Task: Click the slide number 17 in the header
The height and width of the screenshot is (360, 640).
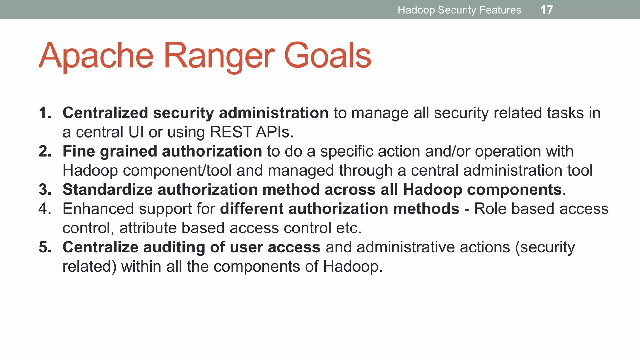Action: tap(547, 10)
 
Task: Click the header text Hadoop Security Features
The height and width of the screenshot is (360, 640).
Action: tap(459, 10)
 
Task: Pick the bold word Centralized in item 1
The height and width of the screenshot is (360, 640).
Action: tap(105, 113)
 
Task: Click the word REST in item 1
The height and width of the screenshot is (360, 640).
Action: tap(231, 132)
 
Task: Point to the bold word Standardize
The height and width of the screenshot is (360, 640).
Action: tap(107, 190)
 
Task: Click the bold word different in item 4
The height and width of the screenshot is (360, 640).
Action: tap(252, 209)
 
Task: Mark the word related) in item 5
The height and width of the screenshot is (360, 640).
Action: tap(89, 267)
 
